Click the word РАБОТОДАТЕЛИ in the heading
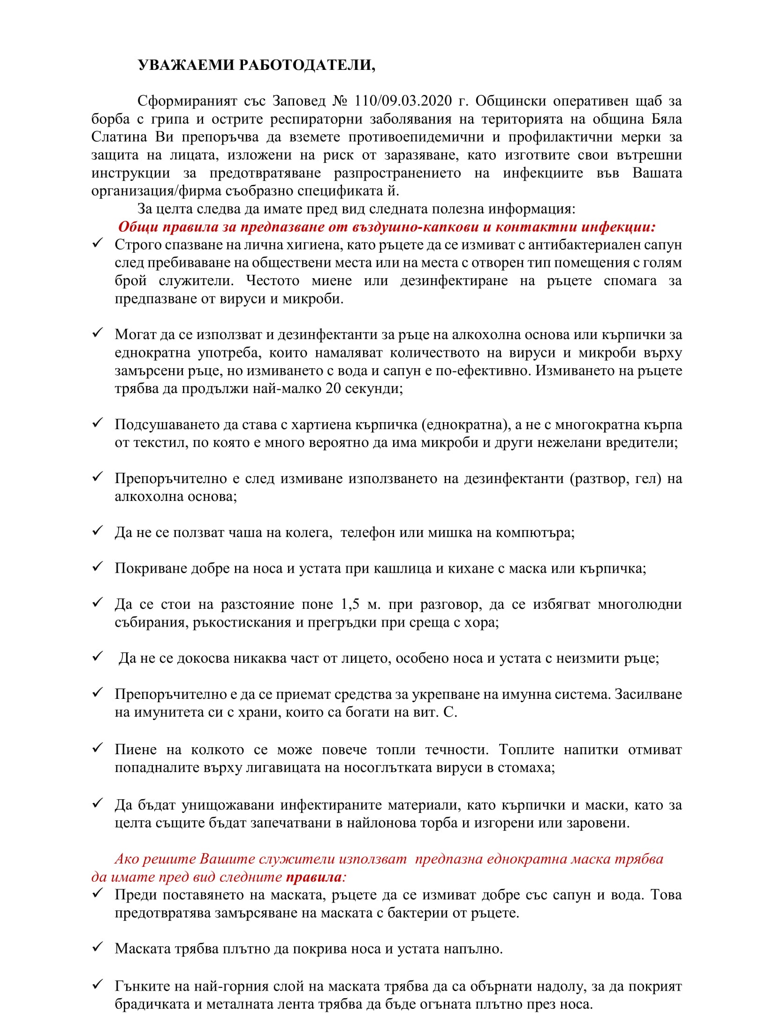pyautogui.click(x=307, y=65)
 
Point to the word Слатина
pyautogui.click(x=119, y=137)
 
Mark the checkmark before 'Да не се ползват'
pyautogui.click(x=98, y=531)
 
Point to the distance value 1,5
pyautogui.click(x=350, y=605)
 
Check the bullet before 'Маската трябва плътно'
pyautogui.click(x=98, y=947)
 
